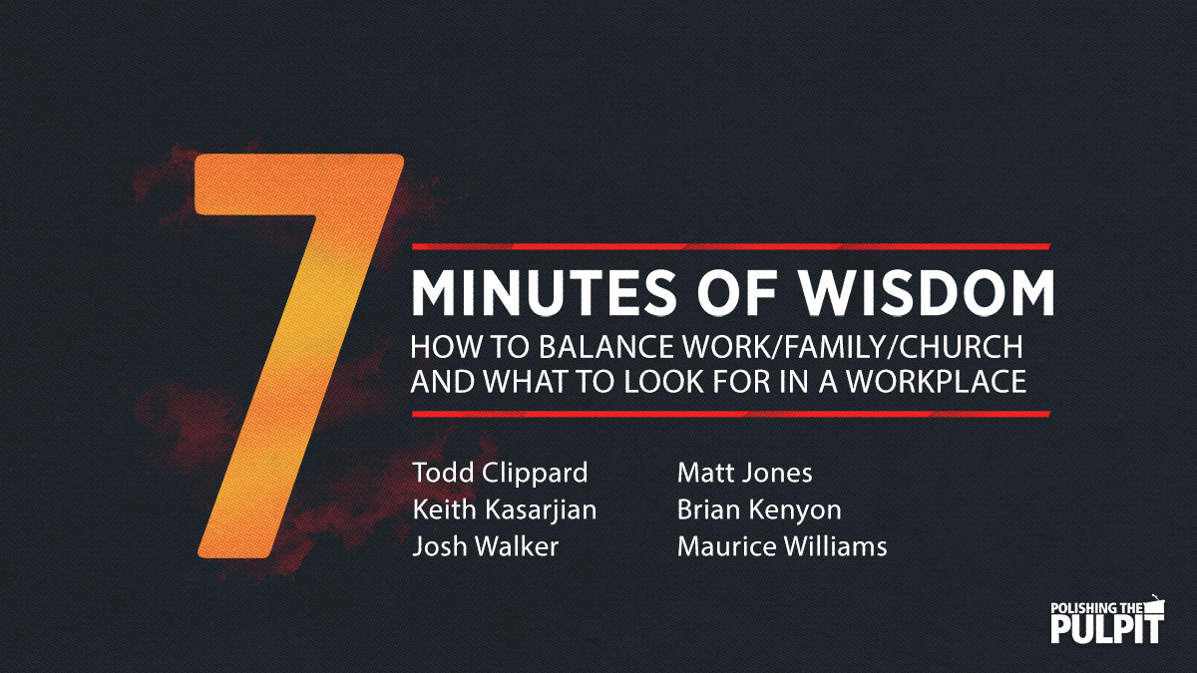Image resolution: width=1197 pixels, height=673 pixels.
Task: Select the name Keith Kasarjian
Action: coord(505,509)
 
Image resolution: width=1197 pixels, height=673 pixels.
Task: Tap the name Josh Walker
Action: coord(486,546)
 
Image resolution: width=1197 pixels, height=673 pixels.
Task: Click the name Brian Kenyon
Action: coord(759,509)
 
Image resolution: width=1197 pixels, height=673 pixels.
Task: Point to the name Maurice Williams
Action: coord(782,546)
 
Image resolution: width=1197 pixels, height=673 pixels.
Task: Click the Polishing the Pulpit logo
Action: coord(1107,619)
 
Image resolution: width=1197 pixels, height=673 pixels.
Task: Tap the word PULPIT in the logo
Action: coord(1107,629)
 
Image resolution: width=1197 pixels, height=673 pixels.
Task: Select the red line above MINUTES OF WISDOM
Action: coord(732,245)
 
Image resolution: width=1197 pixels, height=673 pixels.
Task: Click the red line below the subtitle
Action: coord(732,413)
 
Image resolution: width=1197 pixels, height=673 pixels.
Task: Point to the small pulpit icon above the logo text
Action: coord(1154,602)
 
